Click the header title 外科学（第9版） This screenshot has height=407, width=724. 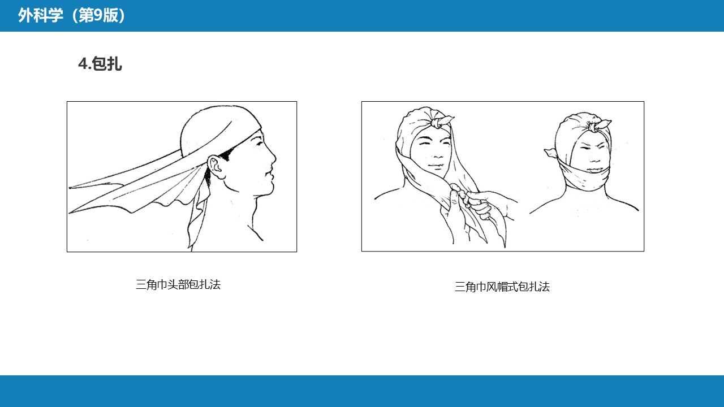point(71,15)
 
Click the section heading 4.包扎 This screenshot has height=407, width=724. point(100,64)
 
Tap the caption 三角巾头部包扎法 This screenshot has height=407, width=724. point(178,284)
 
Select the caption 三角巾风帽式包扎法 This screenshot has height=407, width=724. point(502,287)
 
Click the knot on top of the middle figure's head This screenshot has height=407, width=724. point(442,121)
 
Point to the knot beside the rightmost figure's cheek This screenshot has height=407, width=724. point(551,153)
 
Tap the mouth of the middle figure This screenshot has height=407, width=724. point(436,166)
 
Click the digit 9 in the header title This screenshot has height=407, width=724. point(98,15)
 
